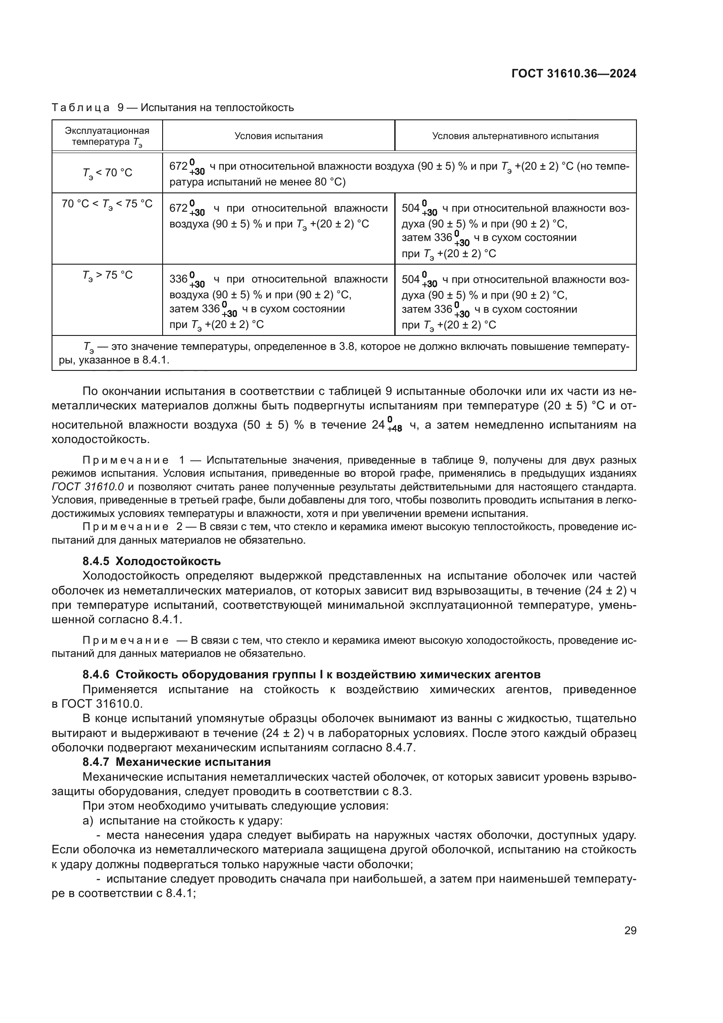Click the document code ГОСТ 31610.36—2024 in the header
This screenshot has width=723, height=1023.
574,74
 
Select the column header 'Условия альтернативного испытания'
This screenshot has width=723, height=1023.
515,136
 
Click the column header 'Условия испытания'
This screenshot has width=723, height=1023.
278,136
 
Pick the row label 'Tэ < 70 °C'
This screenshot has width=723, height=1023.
107,173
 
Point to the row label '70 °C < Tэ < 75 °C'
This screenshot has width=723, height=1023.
107,204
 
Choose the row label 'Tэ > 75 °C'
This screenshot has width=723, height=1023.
107,276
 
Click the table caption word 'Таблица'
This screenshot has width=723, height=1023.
80,108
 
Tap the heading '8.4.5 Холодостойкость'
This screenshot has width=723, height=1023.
151,561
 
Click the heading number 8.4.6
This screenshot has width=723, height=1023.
96,674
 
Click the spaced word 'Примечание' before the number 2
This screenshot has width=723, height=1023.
125,527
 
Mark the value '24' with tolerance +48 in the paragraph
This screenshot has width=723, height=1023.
378,425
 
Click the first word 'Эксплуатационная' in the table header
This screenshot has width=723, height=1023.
107,130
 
